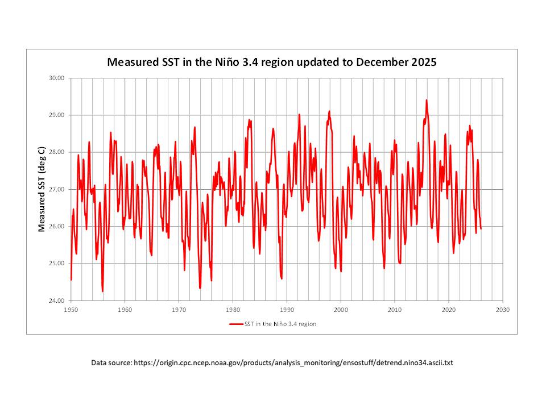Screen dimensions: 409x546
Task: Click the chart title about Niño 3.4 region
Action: tap(272, 62)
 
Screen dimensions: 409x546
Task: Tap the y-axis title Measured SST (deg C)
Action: tap(42, 189)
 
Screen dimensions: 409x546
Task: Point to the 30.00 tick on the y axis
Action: tap(59, 78)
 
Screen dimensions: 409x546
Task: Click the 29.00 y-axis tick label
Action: tap(59, 115)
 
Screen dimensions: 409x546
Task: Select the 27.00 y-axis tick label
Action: tap(59, 189)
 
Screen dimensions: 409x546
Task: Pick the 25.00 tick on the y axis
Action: tap(59, 264)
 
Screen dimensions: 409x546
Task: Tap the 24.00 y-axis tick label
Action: tap(59, 301)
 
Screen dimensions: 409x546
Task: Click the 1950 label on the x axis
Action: tap(71, 310)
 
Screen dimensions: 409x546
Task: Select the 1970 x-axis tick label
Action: tap(179, 310)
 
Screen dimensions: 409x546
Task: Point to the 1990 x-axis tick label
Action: tap(287, 310)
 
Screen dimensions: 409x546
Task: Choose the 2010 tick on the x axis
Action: tap(395, 310)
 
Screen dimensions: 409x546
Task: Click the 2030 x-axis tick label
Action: tap(502, 310)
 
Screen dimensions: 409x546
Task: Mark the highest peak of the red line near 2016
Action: tap(427, 101)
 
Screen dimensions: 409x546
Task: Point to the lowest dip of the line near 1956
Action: tap(102, 291)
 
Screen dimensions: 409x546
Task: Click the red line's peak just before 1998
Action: tap(329, 111)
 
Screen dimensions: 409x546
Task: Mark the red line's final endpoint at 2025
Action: tap(481, 228)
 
